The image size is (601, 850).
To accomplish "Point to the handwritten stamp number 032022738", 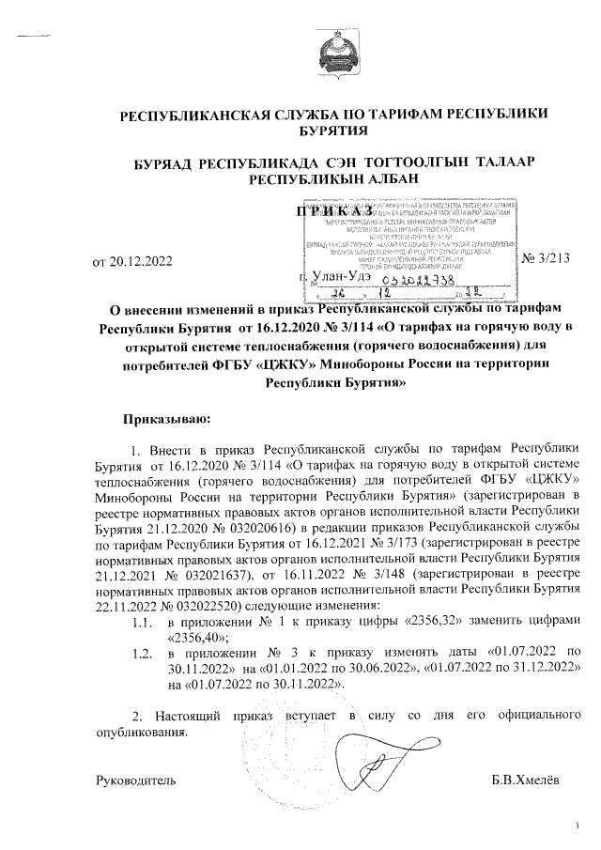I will coord(433,277).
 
